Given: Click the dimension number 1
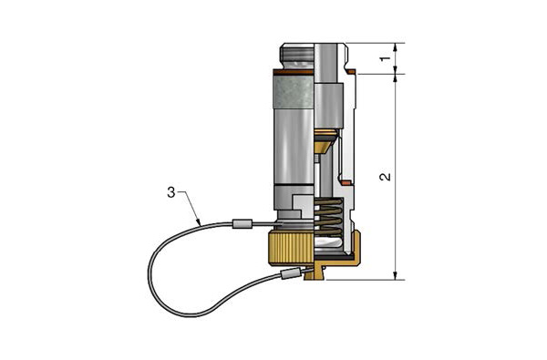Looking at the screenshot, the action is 385,58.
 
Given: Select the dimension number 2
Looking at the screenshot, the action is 385,177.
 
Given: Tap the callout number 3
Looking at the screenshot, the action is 171,192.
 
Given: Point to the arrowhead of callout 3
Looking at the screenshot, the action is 199,222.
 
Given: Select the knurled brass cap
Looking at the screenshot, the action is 291,250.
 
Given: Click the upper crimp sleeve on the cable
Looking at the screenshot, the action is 242,223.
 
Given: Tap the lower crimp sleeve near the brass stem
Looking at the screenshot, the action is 290,273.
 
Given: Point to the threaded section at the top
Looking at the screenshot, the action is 297,55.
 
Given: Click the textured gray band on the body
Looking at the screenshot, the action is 294,92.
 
